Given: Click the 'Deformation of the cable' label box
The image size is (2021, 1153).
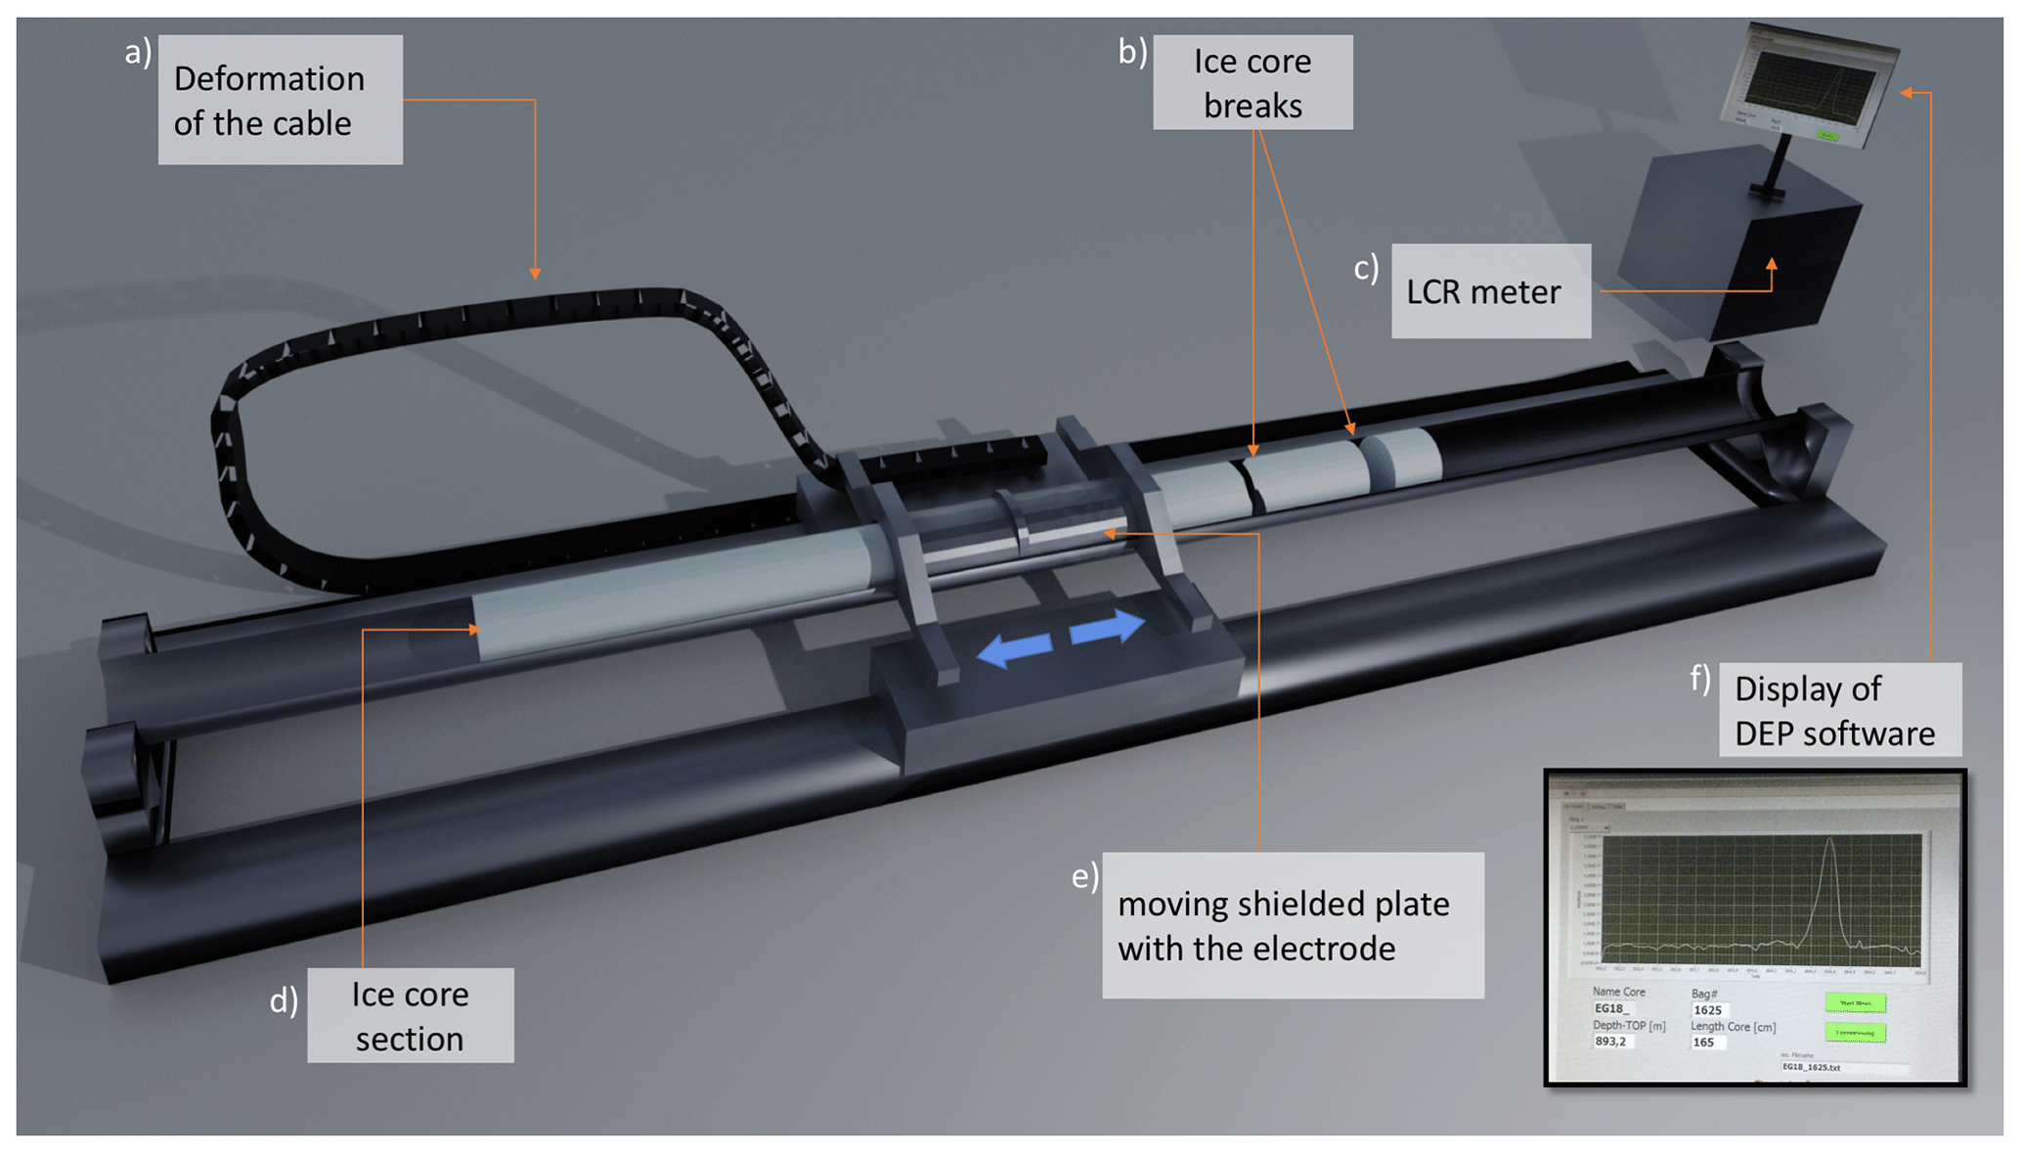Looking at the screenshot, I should pyautogui.click(x=280, y=100).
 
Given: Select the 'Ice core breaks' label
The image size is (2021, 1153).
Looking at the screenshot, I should pyautogui.click(x=1252, y=82).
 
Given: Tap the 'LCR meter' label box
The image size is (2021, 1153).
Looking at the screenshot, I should pyautogui.click(x=1489, y=291).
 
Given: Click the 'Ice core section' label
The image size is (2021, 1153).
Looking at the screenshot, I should pyautogui.click(x=410, y=1015).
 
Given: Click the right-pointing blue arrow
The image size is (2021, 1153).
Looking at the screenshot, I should pyautogui.click(x=1108, y=627).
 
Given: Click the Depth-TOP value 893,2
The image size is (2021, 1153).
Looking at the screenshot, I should pyautogui.click(x=1611, y=1042).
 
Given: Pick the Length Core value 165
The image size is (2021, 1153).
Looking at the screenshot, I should pyautogui.click(x=1704, y=1042).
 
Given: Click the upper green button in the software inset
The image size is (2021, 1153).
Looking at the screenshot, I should pyautogui.click(x=1855, y=1003).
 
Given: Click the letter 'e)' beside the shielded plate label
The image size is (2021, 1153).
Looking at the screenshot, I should pyautogui.click(x=1084, y=875).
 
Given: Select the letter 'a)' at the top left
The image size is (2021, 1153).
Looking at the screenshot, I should pyautogui.click(x=138, y=52).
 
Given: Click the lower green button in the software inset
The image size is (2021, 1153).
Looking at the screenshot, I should pyautogui.click(x=1855, y=1033).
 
